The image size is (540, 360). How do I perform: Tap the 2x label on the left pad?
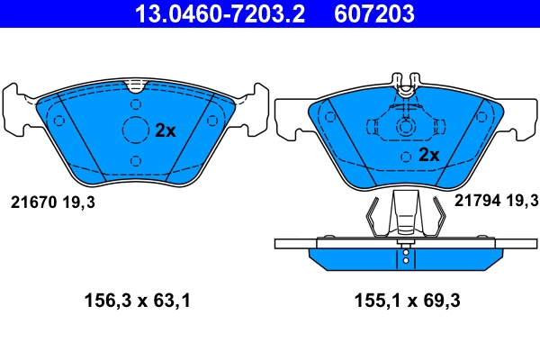165,130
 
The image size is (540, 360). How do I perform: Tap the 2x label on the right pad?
428,154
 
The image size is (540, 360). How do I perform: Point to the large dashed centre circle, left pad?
135,130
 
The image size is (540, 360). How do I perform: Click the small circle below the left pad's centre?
135,160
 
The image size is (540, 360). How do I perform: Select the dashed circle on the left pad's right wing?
212,121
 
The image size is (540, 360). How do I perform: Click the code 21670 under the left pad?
33,203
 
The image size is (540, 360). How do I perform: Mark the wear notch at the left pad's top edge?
135,86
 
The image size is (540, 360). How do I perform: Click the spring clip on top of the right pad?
406,82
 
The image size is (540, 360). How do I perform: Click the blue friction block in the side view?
407,258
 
